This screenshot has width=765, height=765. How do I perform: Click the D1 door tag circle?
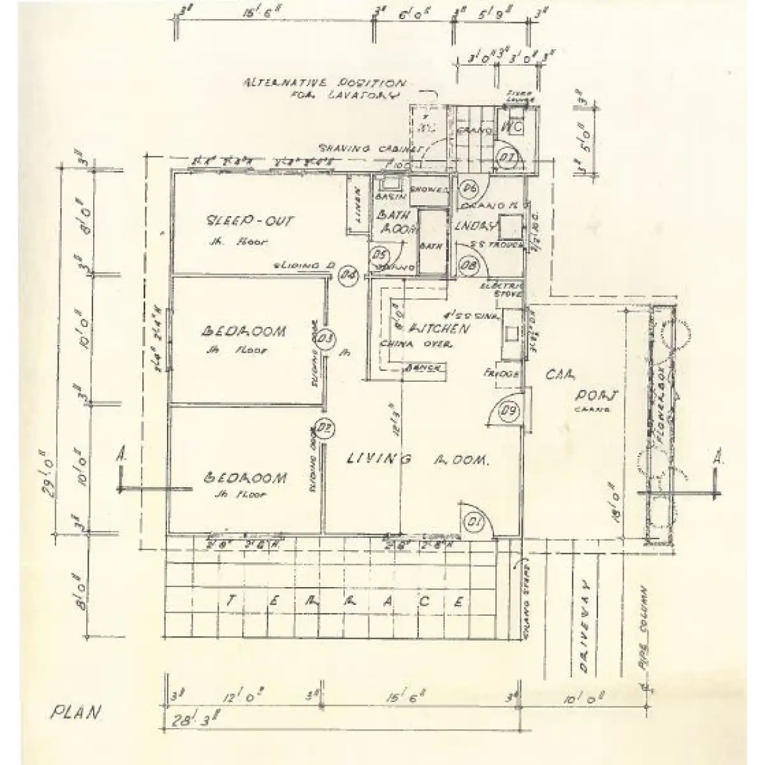(473, 523)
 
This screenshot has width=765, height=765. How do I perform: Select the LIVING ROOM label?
(418, 459)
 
